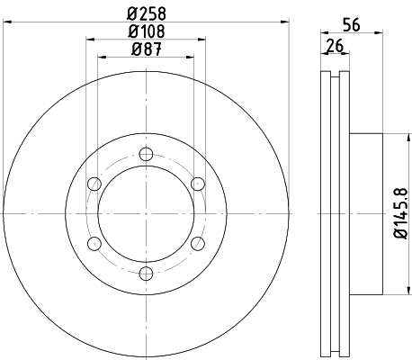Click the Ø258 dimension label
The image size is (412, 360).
[147, 13]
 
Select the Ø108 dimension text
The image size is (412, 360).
[147, 31]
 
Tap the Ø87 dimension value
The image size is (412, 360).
[147, 49]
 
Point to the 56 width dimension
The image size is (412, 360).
[352, 24]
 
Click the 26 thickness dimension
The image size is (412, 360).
[335, 46]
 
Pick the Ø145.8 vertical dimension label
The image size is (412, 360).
[401, 213]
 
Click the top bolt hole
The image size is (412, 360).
[146, 154]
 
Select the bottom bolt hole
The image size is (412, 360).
[146, 274]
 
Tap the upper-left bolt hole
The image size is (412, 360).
[94, 184]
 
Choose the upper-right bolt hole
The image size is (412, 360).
[198, 184]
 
